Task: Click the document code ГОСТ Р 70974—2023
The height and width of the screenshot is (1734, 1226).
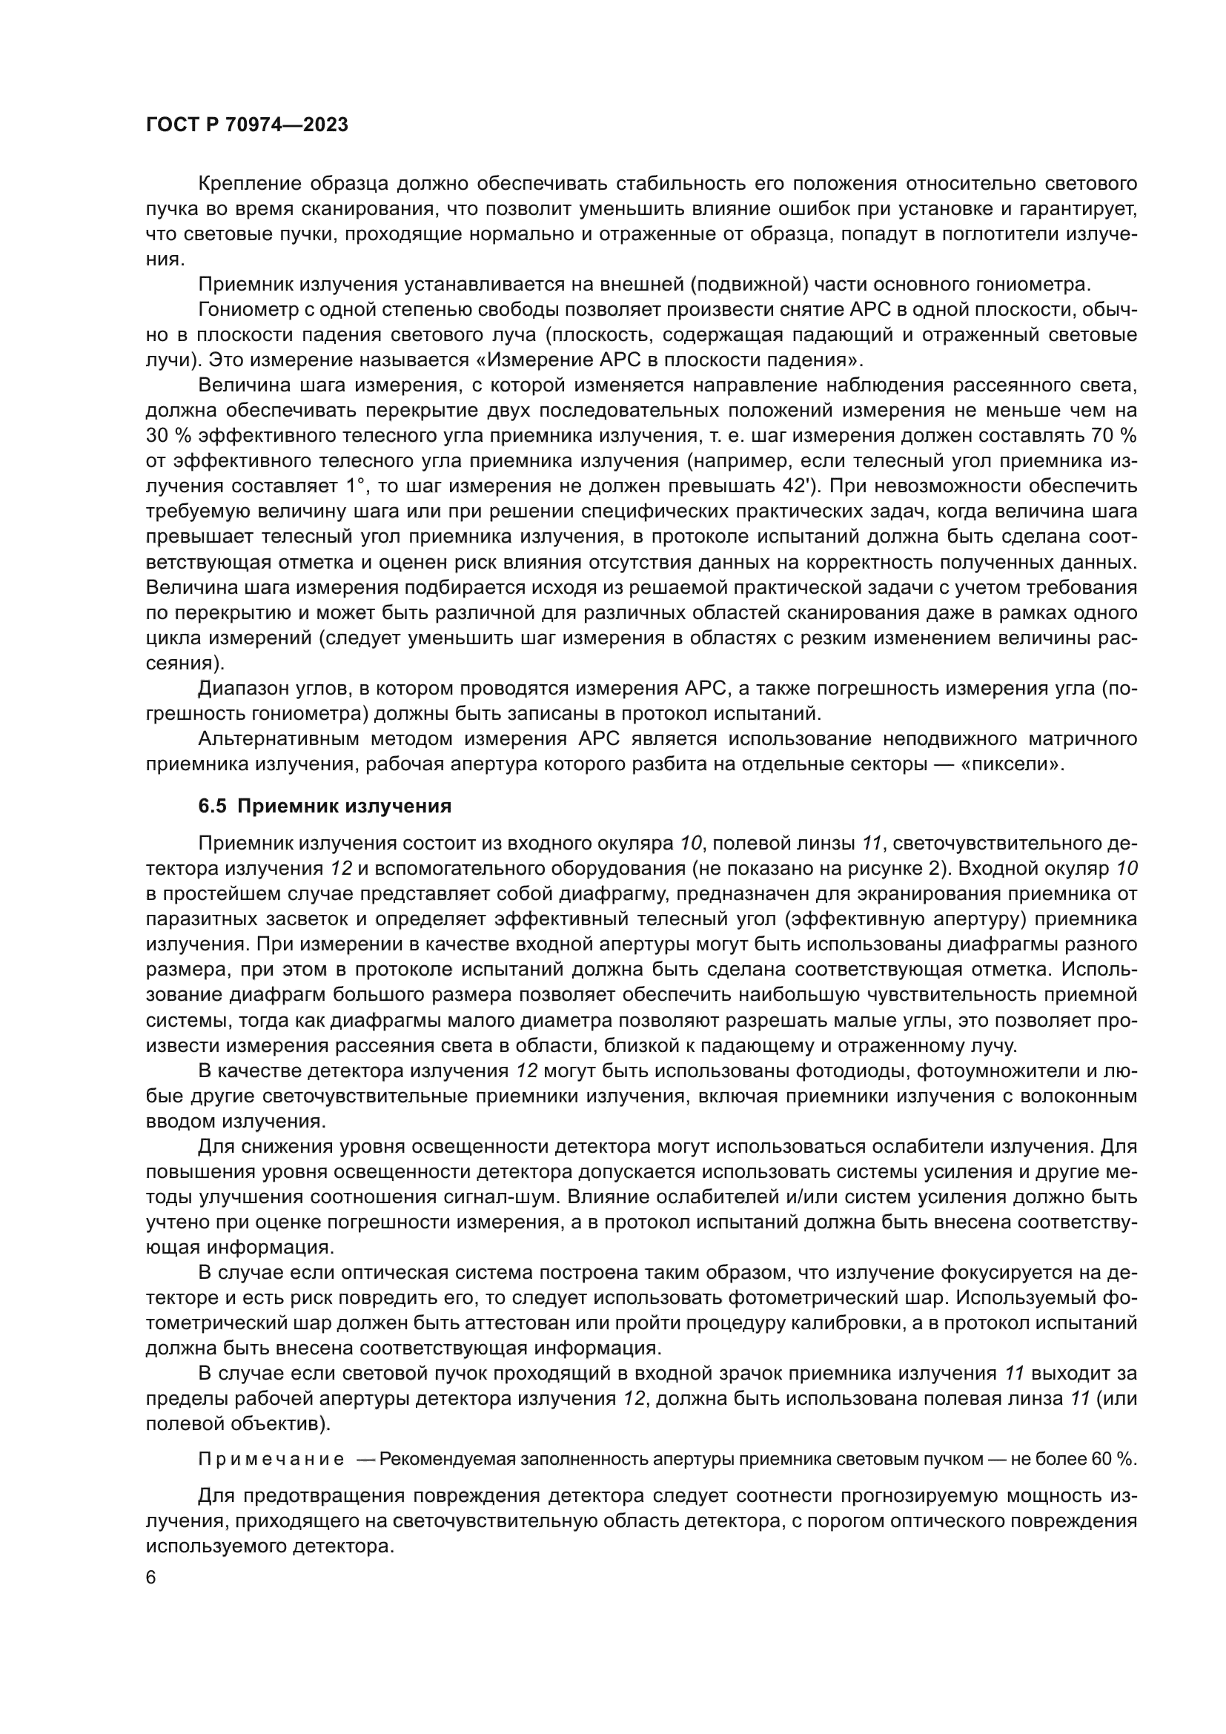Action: click(247, 125)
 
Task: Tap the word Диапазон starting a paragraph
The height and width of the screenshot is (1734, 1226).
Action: click(244, 688)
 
